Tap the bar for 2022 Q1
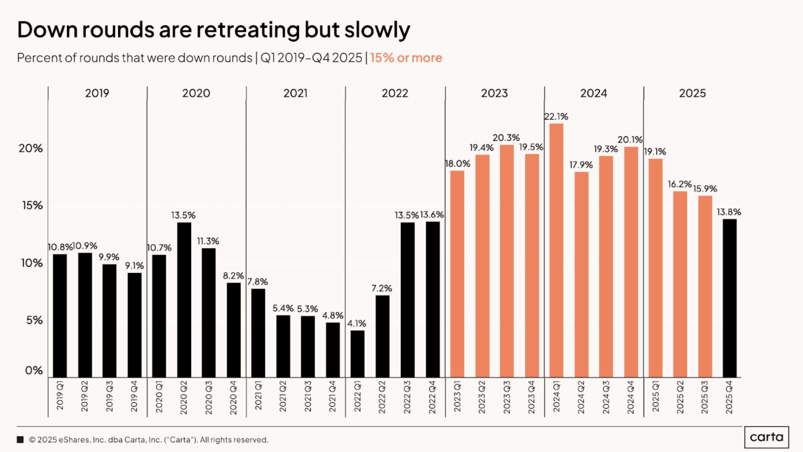(x=357, y=354)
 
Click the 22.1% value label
(x=556, y=116)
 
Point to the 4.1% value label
(x=356, y=323)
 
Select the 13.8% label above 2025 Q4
(x=729, y=212)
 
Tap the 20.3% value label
(x=506, y=138)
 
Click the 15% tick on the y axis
(x=32, y=205)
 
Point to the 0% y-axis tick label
(x=34, y=370)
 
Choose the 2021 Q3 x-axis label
(x=308, y=397)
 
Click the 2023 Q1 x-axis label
(x=457, y=397)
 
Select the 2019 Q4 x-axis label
(x=134, y=397)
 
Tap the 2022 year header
(x=395, y=93)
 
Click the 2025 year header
(x=692, y=93)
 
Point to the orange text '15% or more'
(x=406, y=58)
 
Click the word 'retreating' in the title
(x=248, y=30)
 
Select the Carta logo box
(x=766, y=437)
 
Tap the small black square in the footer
(x=20, y=440)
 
